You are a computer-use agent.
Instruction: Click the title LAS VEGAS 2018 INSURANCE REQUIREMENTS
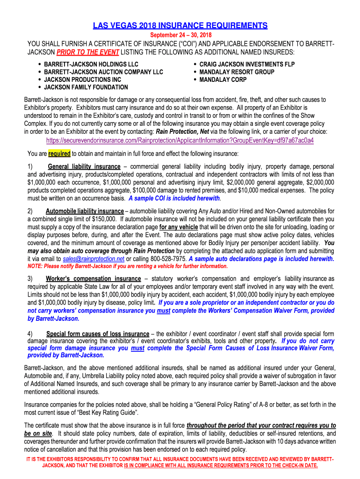180,25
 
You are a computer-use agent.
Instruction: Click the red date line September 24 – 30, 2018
180,36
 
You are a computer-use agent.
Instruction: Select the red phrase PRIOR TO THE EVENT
88,51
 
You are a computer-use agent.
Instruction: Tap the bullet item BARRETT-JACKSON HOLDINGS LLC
91,64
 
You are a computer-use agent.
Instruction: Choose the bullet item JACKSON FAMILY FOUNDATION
86,87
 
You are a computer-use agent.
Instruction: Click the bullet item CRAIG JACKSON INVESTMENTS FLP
247,64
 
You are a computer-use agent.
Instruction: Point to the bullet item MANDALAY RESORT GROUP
237,72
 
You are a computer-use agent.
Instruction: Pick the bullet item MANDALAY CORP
223,80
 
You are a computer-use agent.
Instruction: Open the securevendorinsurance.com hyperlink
180,140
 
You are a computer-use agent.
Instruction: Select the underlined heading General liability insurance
84,167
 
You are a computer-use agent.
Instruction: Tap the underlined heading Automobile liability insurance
85,211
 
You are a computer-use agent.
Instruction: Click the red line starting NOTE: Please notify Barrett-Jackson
128,266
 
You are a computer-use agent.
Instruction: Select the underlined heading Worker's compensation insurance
93,279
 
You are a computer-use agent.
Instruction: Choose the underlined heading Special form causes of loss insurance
98,334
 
